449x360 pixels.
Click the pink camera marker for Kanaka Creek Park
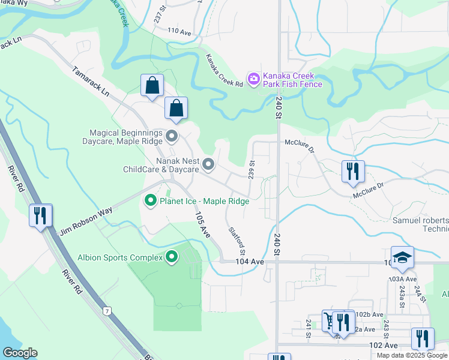click(253, 78)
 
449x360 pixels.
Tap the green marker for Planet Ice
click(150, 201)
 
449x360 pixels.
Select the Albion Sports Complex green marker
click(172, 257)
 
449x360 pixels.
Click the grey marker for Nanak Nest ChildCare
click(208, 164)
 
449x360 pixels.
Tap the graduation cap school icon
click(402, 257)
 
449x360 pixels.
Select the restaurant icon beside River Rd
click(41, 215)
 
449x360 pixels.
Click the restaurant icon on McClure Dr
click(353, 171)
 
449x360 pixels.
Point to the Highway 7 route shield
click(107, 311)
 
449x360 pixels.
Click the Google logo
click(20, 353)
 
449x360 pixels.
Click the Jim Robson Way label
click(86, 221)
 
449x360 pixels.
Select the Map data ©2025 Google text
click(412, 355)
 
